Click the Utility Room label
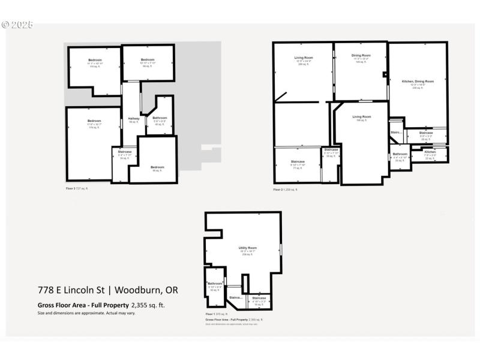(x=248, y=248)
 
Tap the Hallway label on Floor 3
(x=134, y=118)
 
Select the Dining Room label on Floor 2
(x=361, y=55)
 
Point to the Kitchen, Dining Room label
(x=418, y=81)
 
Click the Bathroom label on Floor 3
(x=160, y=118)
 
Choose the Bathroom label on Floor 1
(x=215, y=283)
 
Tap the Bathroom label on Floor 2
(x=400, y=154)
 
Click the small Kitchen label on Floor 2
(x=430, y=152)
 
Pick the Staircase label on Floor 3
(x=124, y=152)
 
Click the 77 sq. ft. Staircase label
(x=298, y=161)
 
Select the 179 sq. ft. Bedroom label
(x=94, y=121)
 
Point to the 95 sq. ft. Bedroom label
(x=157, y=167)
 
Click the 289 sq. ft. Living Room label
(x=304, y=58)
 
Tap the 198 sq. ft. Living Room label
(x=361, y=116)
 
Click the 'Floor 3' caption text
(x=71, y=188)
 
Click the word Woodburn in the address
(x=137, y=290)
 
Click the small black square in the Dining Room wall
(x=385, y=75)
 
